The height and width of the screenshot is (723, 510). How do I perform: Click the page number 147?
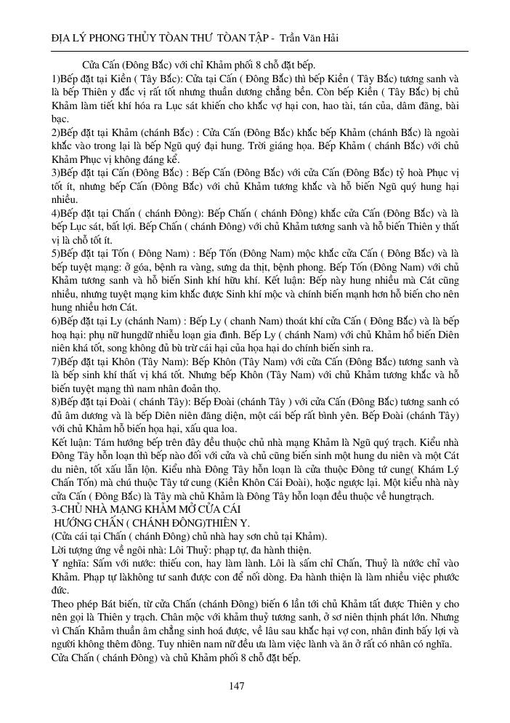(x=235, y=685)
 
